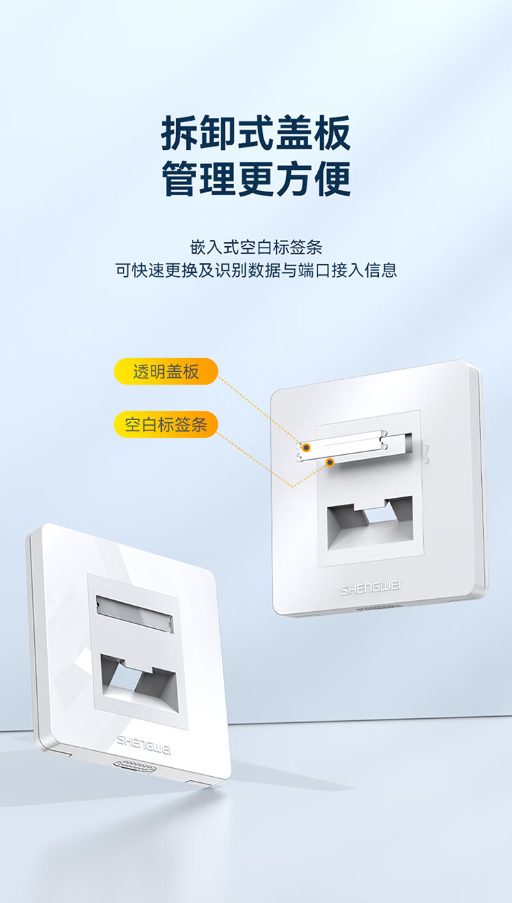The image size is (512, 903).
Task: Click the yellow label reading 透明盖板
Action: tap(166, 371)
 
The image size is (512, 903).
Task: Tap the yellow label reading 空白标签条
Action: tap(166, 424)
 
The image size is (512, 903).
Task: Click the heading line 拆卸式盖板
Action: tap(256, 133)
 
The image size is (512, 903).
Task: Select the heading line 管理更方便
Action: tap(256, 179)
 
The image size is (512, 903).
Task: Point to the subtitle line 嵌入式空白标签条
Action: tap(256, 247)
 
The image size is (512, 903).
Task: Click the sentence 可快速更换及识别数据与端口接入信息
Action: tap(256, 269)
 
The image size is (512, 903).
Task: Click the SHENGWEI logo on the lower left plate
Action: tap(143, 745)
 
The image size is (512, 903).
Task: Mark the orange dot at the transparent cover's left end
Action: tap(307, 447)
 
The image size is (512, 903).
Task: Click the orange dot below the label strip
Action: tap(330, 462)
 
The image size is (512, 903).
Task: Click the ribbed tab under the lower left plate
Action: tap(134, 767)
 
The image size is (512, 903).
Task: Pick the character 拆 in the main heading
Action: tap(179, 133)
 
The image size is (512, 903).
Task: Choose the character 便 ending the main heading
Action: tap(332, 179)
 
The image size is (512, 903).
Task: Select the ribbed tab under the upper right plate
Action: tap(378, 607)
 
